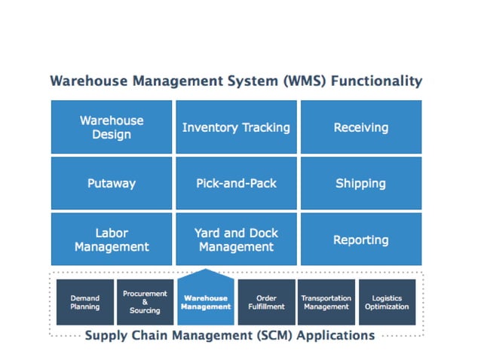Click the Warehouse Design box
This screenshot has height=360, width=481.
click(x=112, y=127)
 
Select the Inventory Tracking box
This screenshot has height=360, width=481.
click(x=236, y=127)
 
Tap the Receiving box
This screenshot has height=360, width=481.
click(x=360, y=127)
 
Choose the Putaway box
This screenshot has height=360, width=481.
click(x=112, y=183)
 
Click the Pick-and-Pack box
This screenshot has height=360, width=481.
click(x=236, y=183)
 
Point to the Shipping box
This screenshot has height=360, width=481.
click(x=360, y=183)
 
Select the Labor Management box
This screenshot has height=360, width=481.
click(x=112, y=239)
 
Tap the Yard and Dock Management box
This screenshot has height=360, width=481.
click(x=236, y=239)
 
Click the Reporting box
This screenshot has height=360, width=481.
click(x=360, y=239)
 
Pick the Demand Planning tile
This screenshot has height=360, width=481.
click(x=84, y=302)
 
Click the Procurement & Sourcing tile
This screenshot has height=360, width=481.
click(x=145, y=302)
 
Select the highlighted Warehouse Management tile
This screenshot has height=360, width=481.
click(x=206, y=301)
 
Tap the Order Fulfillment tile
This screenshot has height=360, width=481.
click(x=266, y=302)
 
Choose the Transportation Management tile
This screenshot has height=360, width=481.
click(x=326, y=302)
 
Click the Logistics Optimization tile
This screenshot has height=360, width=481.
click(x=387, y=302)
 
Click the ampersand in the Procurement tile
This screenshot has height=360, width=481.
click(x=145, y=302)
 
